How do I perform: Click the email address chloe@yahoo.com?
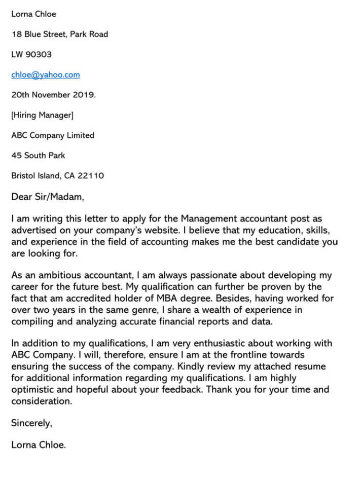pos(45,75)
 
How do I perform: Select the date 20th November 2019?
pos(53,95)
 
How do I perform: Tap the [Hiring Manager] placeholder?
pos(42,115)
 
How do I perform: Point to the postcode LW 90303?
pos(31,54)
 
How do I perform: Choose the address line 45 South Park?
pos(38,156)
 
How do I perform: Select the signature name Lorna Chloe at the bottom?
pos(39,446)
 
